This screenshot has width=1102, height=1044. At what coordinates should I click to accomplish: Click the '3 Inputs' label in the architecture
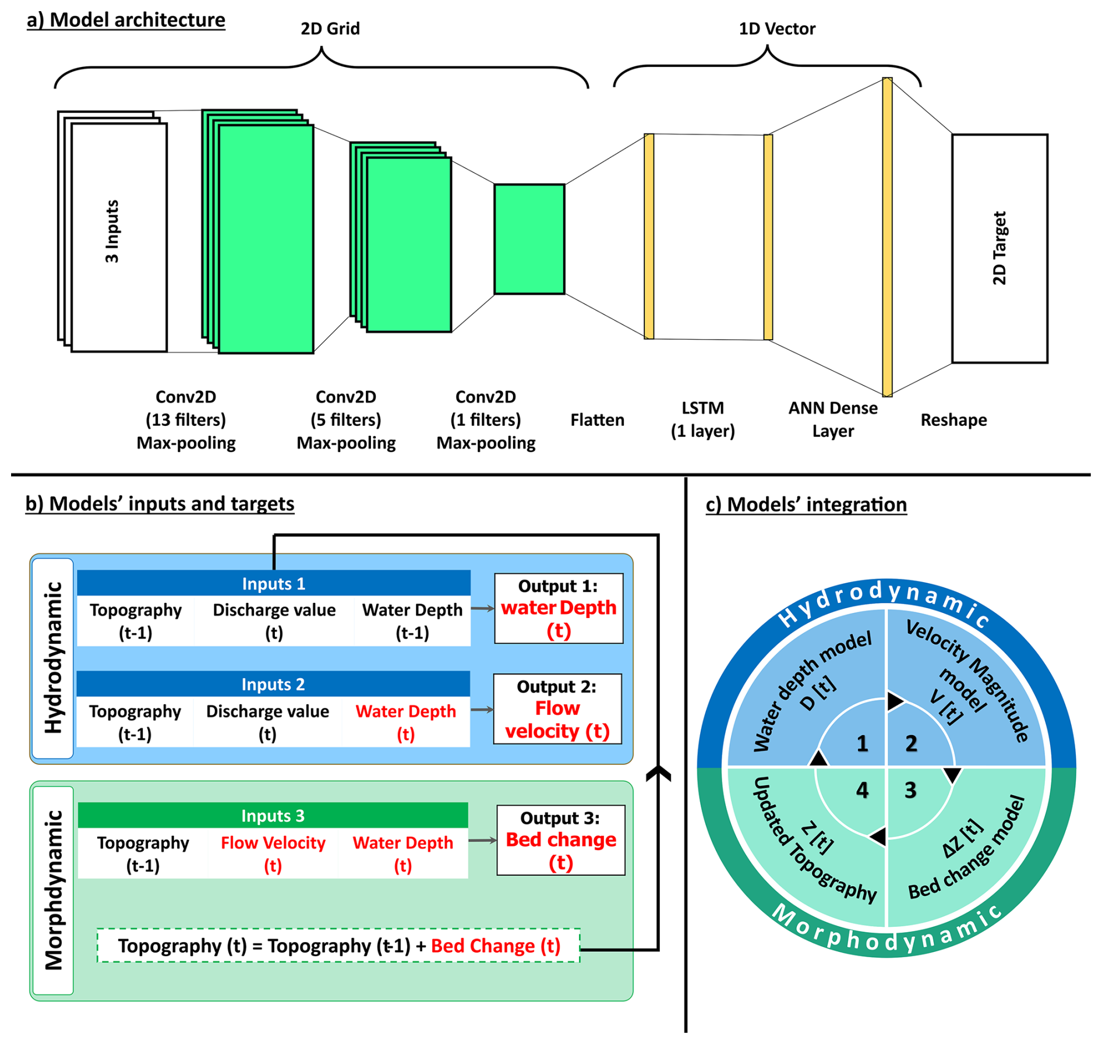point(112,231)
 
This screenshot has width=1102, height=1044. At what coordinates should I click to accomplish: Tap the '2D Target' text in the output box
point(999,248)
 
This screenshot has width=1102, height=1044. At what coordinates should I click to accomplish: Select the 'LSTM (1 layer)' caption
point(702,419)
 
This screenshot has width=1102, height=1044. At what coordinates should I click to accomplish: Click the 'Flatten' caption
point(597,420)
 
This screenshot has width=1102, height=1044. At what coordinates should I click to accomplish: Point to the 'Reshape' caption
point(953,420)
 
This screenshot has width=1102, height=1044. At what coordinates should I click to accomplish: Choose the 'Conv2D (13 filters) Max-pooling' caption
point(186,420)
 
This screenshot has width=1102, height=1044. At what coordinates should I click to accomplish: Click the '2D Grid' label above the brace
point(330,29)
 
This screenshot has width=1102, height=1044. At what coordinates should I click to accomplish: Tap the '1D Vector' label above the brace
point(777,29)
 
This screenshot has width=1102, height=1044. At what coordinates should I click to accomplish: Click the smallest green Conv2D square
point(529,239)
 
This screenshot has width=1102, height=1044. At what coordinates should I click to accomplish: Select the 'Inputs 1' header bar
point(273,584)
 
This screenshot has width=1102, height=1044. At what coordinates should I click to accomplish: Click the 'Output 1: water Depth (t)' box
point(559,608)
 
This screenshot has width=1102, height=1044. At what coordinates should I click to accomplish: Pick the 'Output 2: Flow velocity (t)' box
point(557,709)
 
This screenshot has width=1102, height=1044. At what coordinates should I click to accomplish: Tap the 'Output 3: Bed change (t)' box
point(560,840)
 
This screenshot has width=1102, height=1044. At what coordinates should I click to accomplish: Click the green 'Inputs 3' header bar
point(273,816)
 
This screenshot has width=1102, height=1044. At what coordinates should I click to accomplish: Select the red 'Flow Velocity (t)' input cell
point(273,854)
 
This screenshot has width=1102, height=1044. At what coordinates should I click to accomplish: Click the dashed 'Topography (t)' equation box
point(338,946)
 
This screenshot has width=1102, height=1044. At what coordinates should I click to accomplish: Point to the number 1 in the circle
point(863,743)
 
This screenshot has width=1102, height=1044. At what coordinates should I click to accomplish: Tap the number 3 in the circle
point(910,791)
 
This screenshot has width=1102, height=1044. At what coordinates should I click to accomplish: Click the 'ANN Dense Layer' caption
point(833,419)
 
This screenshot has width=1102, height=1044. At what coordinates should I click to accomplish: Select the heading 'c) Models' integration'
point(806,505)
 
